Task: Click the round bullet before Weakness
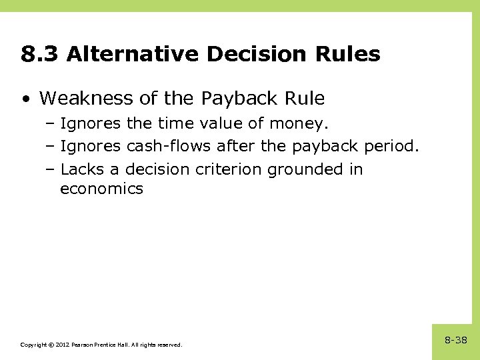(25, 99)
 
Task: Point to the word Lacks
(82, 169)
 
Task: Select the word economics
(101, 189)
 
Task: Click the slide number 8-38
(456, 341)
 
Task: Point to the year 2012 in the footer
(61, 345)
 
